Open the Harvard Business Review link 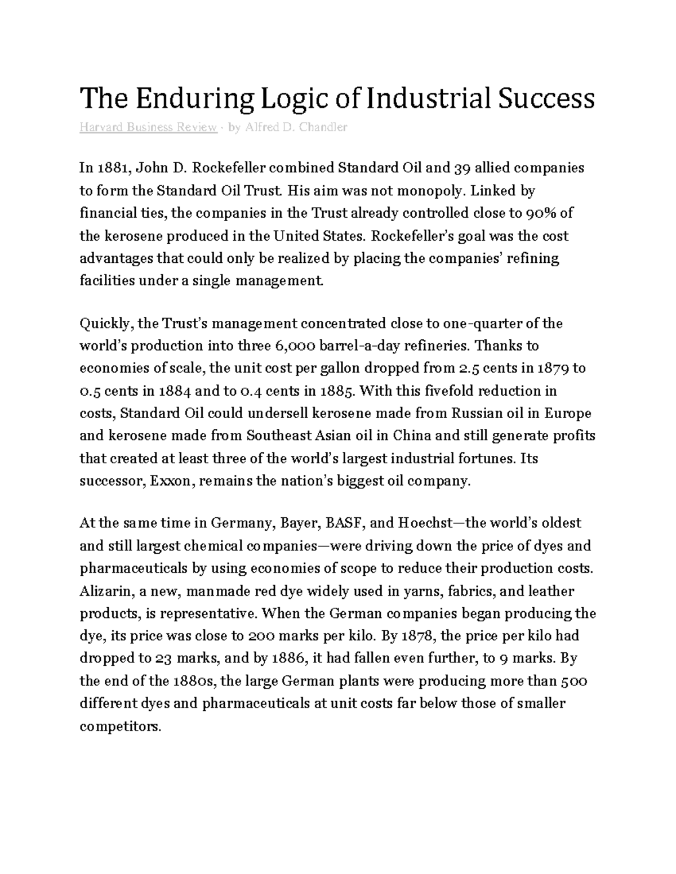pyautogui.click(x=148, y=127)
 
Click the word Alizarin pyautogui.click(x=103, y=591)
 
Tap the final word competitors pyautogui.click(x=120, y=727)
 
